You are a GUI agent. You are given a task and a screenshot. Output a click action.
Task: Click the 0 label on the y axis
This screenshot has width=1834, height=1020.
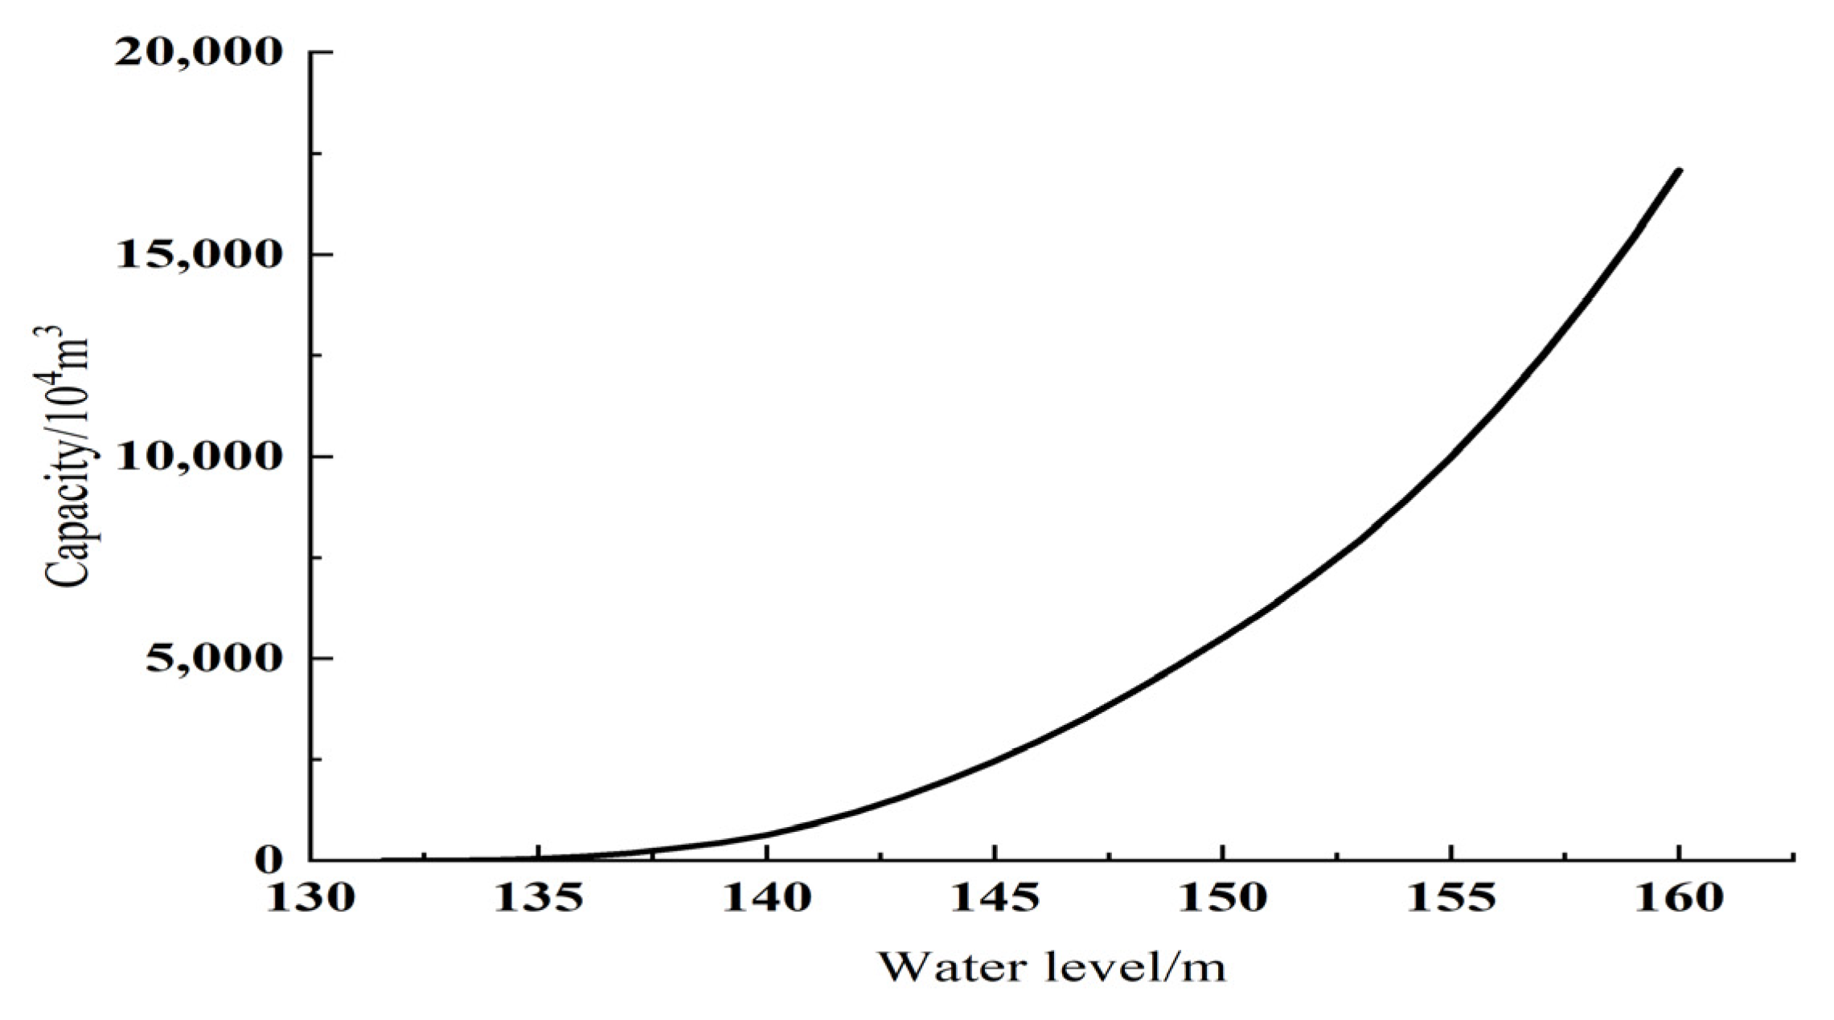point(269,861)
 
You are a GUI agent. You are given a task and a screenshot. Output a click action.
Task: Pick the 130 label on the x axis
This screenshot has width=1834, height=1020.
point(310,898)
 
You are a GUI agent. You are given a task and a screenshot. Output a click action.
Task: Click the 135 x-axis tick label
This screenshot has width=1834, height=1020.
point(538,898)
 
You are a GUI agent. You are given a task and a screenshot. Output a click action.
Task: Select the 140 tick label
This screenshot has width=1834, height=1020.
point(766,898)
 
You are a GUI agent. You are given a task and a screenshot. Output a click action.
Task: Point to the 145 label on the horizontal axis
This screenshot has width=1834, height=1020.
point(995,898)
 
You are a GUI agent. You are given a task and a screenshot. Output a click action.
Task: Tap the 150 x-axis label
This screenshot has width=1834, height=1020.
point(1222,898)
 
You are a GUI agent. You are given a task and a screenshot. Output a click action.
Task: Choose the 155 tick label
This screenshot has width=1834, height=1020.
point(1450,898)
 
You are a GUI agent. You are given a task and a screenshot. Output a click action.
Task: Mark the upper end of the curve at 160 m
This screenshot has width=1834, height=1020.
point(1678,170)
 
